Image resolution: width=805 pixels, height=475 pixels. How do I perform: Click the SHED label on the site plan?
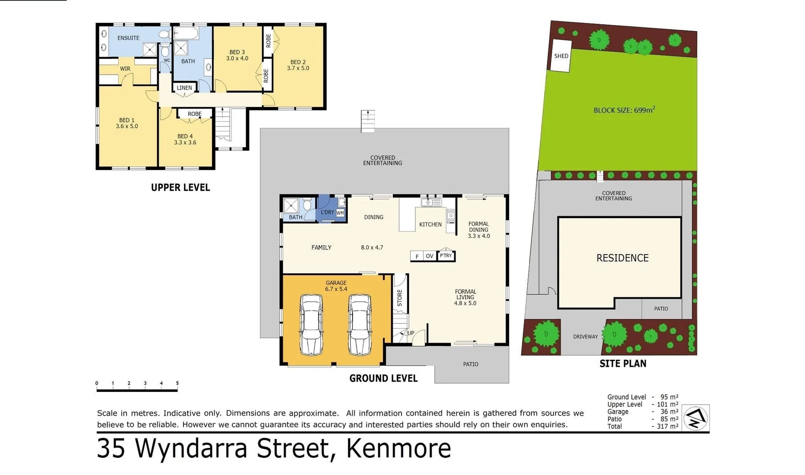click(x=561, y=56)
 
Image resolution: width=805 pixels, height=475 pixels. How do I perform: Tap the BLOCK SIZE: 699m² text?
click(x=624, y=110)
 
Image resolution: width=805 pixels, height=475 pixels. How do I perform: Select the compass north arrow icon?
click(x=696, y=418)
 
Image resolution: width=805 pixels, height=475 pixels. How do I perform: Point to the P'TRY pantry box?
click(x=446, y=256)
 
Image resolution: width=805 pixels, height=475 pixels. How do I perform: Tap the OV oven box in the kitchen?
click(x=430, y=256)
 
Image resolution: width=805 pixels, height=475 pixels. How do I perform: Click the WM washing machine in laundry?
click(x=340, y=213)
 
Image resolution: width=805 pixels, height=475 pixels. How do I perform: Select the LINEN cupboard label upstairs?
click(x=184, y=88)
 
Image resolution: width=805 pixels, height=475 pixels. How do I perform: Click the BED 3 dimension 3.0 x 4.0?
click(x=237, y=58)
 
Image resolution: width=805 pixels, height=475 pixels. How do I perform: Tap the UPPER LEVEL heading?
click(x=180, y=187)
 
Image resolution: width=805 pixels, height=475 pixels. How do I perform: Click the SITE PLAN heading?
click(x=623, y=363)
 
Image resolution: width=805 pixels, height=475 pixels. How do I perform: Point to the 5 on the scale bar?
click(x=177, y=383)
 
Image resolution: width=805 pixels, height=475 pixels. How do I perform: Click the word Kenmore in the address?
click(x=398, y=449)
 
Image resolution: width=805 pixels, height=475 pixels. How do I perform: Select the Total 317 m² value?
click(x=667, y=426)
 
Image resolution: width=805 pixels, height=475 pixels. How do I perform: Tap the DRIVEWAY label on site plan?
click(x=585, y=336)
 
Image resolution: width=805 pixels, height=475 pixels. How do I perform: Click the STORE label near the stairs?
click(x=400, y=298)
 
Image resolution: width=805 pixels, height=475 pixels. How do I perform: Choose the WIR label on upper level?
click(x=125, y=69)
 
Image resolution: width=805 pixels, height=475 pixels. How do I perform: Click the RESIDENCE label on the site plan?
click(x=622, y=258)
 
